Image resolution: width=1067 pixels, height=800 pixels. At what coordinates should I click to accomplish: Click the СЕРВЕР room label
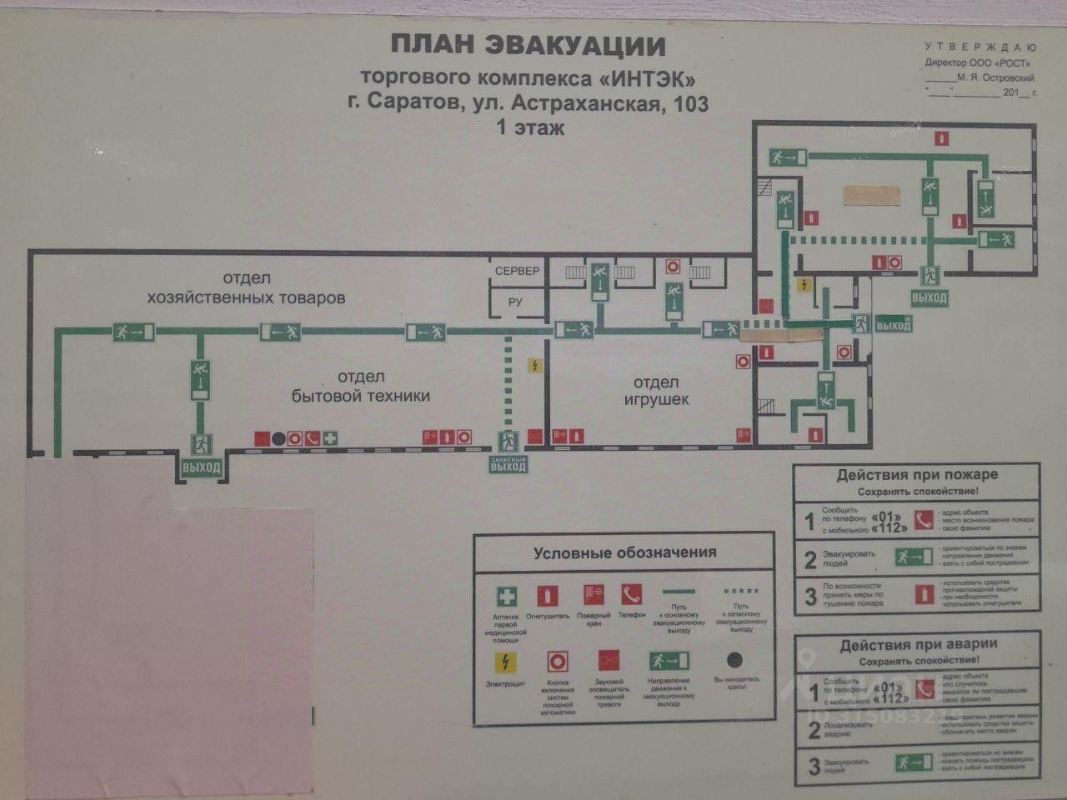click(517, 272)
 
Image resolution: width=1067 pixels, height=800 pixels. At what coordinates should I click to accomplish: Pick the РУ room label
click(515, 302)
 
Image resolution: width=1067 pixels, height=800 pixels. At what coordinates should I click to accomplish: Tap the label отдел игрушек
click(657, 391)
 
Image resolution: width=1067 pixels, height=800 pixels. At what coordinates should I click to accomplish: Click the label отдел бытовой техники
click(361, 387)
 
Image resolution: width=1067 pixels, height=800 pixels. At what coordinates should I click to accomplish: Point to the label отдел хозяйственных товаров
click(246, 287)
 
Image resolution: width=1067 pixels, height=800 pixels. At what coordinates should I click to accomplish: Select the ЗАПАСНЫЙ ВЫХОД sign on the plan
click(508, 463)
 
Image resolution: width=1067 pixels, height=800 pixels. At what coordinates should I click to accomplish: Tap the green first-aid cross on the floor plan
click(331, 437)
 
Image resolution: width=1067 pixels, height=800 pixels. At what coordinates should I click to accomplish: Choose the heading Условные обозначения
click(624, 552)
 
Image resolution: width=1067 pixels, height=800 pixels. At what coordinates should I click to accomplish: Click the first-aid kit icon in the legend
click(507, 597)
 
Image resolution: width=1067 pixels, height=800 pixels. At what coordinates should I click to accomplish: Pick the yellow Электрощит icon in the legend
click(506, 662)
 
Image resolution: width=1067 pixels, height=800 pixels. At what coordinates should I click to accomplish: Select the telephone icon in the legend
click(631, 595)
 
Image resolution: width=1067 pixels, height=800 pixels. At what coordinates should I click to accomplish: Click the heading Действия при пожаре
click(917, 475)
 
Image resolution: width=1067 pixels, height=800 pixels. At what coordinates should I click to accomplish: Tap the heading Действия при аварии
click(917, 644)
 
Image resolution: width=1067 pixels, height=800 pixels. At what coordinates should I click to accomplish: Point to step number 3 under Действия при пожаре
click(810, 597)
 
